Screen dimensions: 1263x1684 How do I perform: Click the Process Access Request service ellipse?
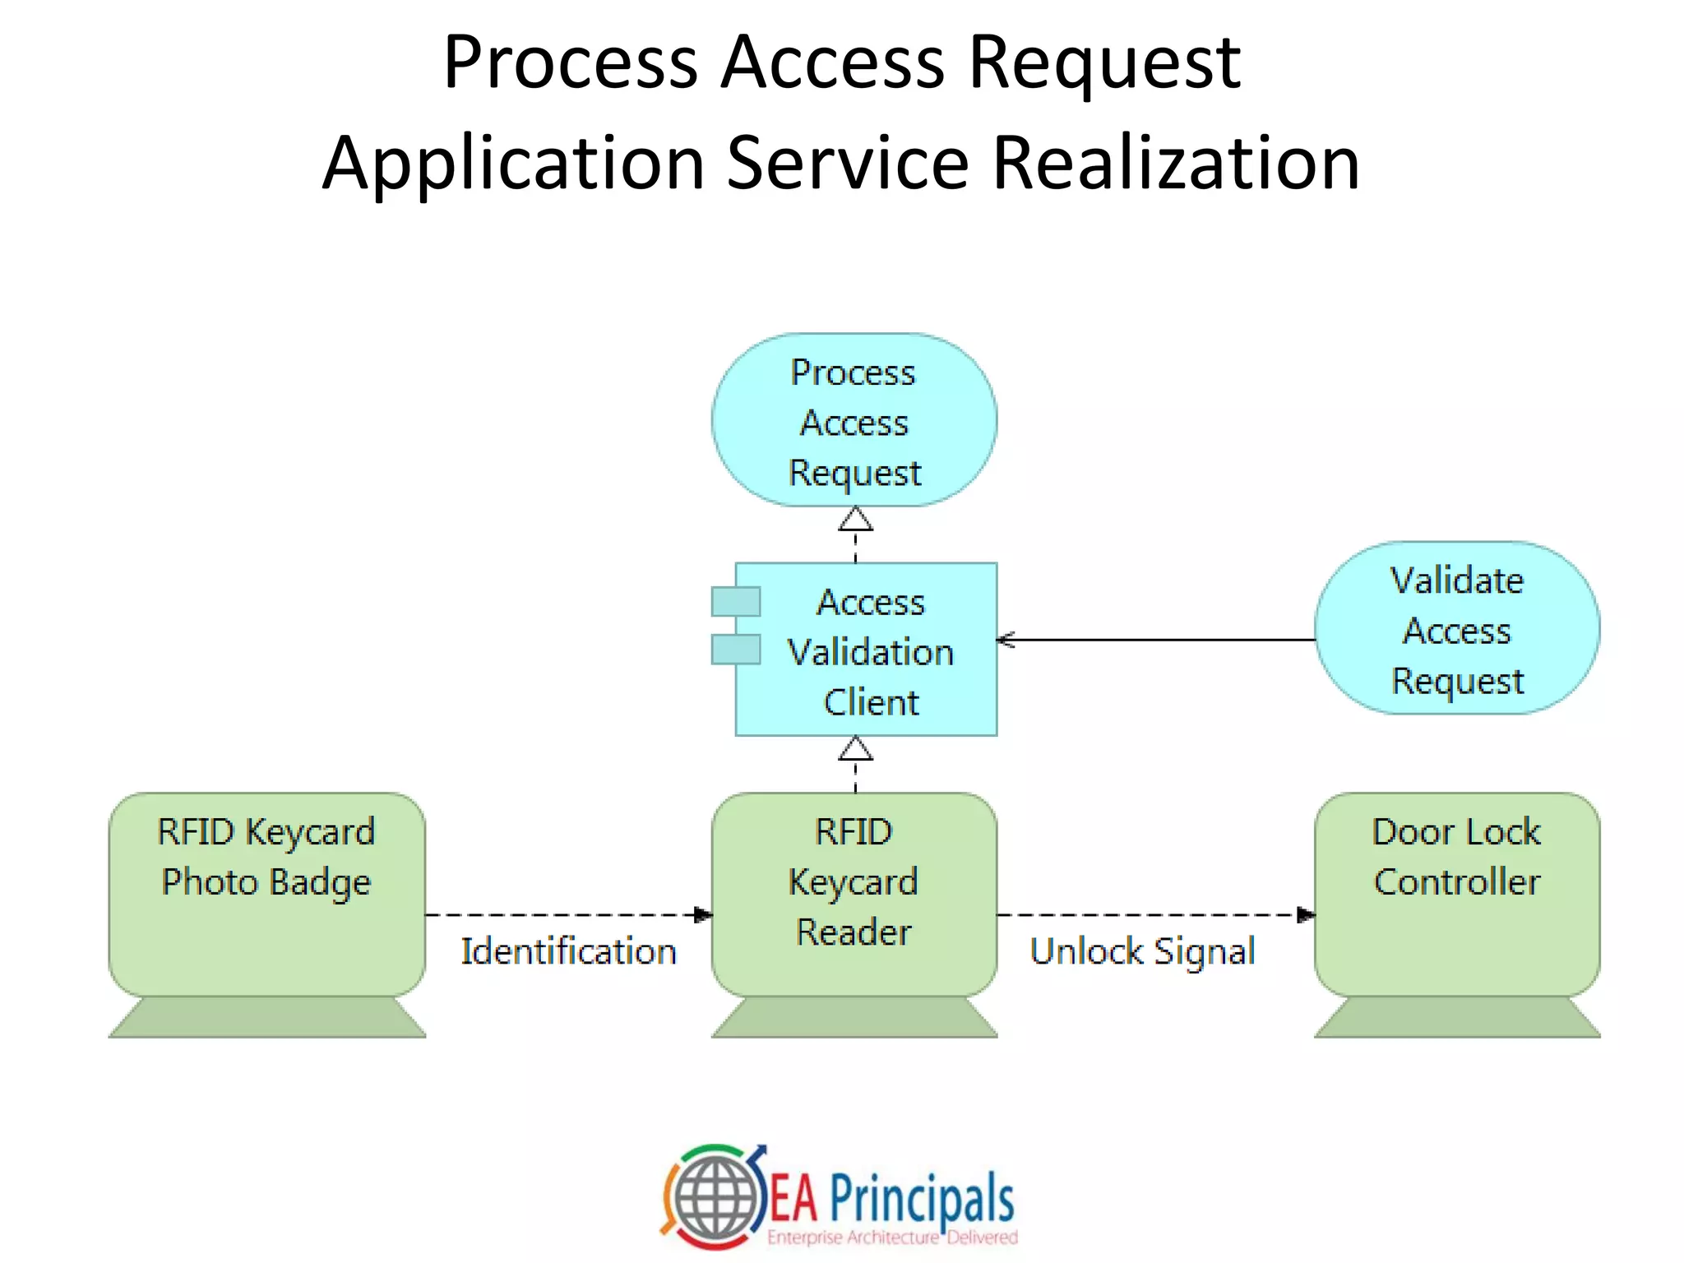[x=854, y=420]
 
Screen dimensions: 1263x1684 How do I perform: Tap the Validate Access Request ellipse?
[x=1457, y=629]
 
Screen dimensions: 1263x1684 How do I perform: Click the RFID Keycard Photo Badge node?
[x=266, y=896]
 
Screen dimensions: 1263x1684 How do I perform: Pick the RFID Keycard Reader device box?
[x=854, y=896]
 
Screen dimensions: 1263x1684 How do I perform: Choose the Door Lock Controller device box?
[x=1457, y=896]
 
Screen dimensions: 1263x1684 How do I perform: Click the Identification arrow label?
[x=568, y=951]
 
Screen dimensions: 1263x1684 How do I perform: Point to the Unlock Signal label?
[x=1142, y=951]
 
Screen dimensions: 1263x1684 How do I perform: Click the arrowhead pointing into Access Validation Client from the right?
[x=1005, y=640]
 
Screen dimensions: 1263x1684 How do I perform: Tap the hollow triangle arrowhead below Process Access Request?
[x=855, y=520]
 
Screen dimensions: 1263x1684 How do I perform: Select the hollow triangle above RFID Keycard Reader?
[x=855, y=750]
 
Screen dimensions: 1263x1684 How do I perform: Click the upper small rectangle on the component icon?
[x=736, y=602]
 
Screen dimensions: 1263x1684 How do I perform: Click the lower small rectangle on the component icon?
[x=736, y=650]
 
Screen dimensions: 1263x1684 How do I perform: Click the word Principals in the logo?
[x=921, y=1199]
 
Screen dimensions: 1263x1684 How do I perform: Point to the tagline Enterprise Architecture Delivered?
[x=892, y=1238]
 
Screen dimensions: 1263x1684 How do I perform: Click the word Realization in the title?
[x=1176, y=163]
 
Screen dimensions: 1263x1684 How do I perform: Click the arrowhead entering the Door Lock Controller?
[x=1306, y=914]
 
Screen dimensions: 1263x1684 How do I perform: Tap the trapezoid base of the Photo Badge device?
[x=266, y=1017]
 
